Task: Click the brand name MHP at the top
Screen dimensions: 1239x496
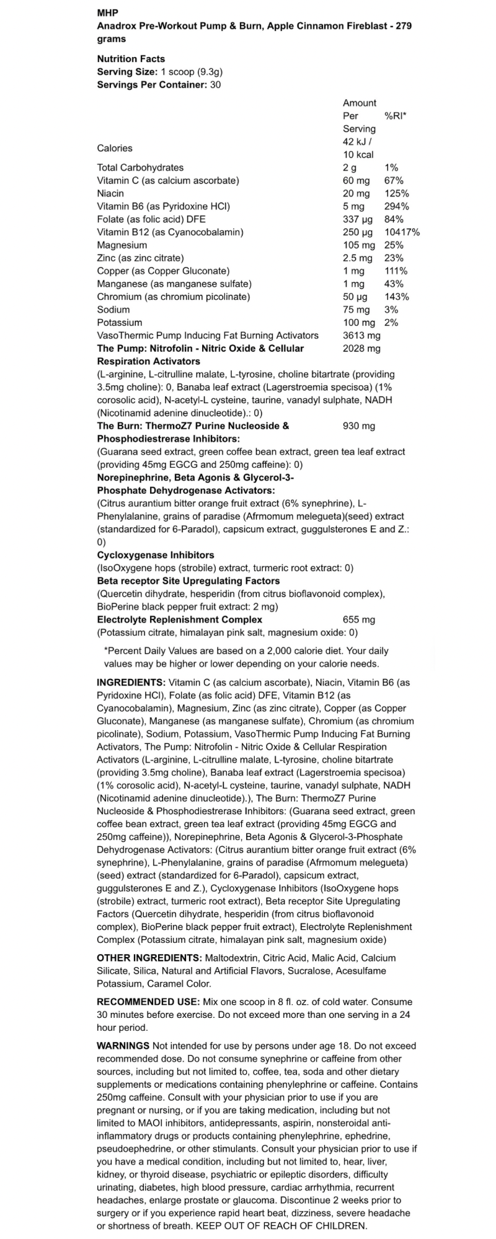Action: pos(107,13)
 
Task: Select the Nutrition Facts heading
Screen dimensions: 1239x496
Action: pos(131,59)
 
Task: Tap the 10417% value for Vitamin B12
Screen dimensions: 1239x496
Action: pos(402,232)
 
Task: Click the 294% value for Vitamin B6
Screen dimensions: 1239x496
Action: pos(396,206)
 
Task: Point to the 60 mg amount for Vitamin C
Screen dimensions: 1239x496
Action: pos(356,180)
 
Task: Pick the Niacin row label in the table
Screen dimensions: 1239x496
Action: pos(110,193)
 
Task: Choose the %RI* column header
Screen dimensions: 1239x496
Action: pos(396,116)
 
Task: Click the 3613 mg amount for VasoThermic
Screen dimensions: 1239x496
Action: pos(361,335)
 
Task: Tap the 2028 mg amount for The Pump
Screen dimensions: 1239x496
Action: pos(361,348)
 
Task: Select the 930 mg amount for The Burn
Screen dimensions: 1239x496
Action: pos(358,426)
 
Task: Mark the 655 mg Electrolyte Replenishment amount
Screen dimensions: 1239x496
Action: pos(358,619)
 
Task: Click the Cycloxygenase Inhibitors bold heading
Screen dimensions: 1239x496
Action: pos(156,555)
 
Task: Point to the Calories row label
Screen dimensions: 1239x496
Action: pos(115,148)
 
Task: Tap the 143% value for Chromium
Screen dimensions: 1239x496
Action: pos(396,297)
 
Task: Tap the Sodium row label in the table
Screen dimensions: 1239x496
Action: pos(113,310)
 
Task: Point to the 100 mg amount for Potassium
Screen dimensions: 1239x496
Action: pos(359,323)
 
